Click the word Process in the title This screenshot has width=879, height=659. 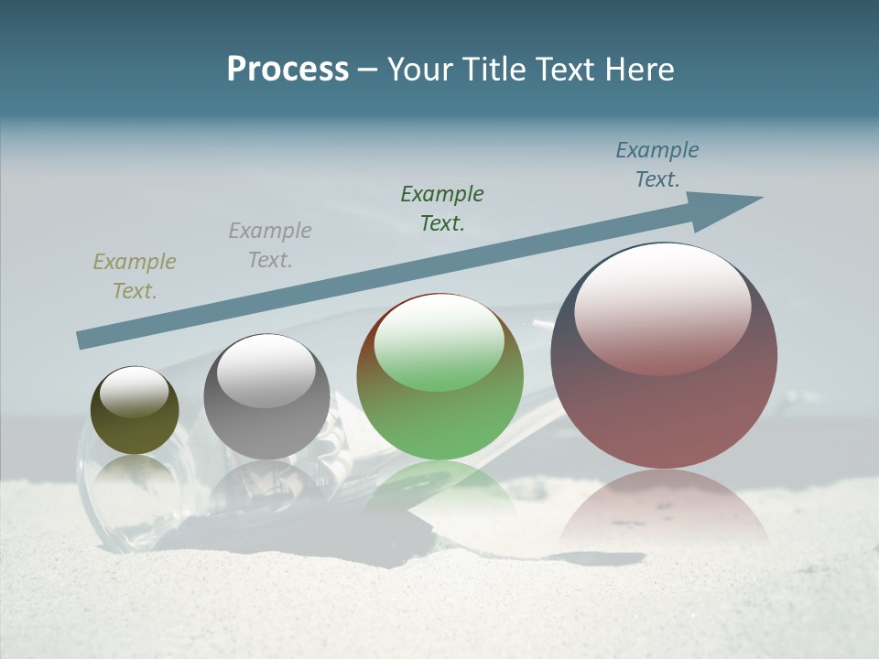288,70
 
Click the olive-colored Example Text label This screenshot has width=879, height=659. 135,276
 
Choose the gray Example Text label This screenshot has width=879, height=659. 270,245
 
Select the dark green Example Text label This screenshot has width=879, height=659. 442,208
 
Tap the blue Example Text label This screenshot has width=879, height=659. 657,165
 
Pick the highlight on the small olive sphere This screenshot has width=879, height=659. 135,391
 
